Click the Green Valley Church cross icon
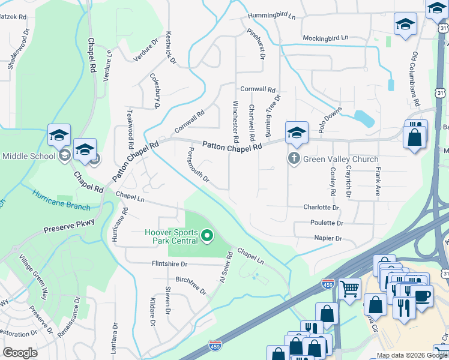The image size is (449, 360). click(294, 159)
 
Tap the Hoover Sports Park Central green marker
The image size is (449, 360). click(207, 235)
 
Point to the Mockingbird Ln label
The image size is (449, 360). click(325, 37)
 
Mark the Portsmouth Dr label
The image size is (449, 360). click(199, 165)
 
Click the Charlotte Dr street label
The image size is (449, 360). click(321, 208)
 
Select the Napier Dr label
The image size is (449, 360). click(328, 238)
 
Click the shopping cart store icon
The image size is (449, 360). click(349, 289)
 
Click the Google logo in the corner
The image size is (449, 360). click(20, 353)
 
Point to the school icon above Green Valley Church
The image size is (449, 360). click(297, 133)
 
